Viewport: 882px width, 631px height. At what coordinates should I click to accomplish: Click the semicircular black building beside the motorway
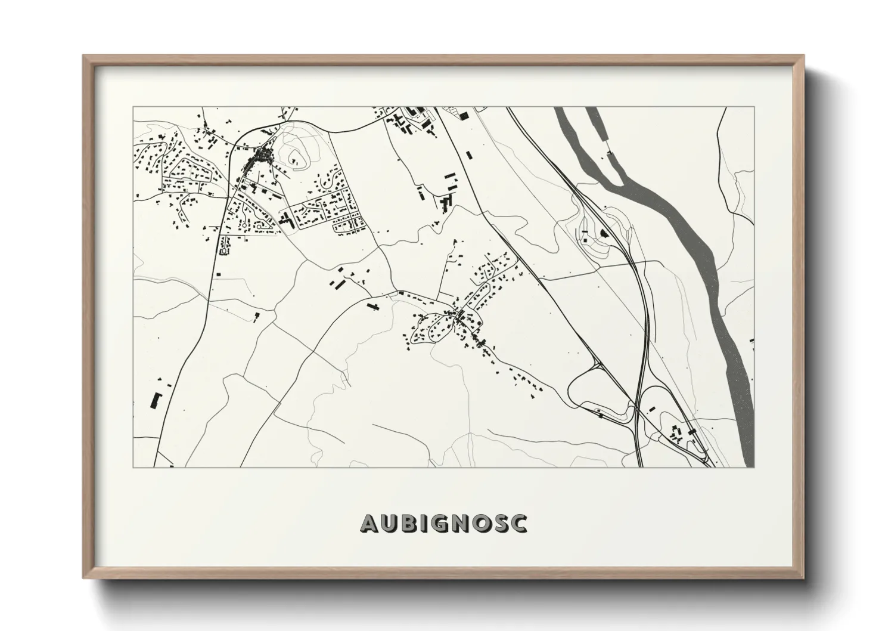[603, 233]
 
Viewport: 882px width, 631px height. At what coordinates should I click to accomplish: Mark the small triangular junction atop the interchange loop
[597, 362]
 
